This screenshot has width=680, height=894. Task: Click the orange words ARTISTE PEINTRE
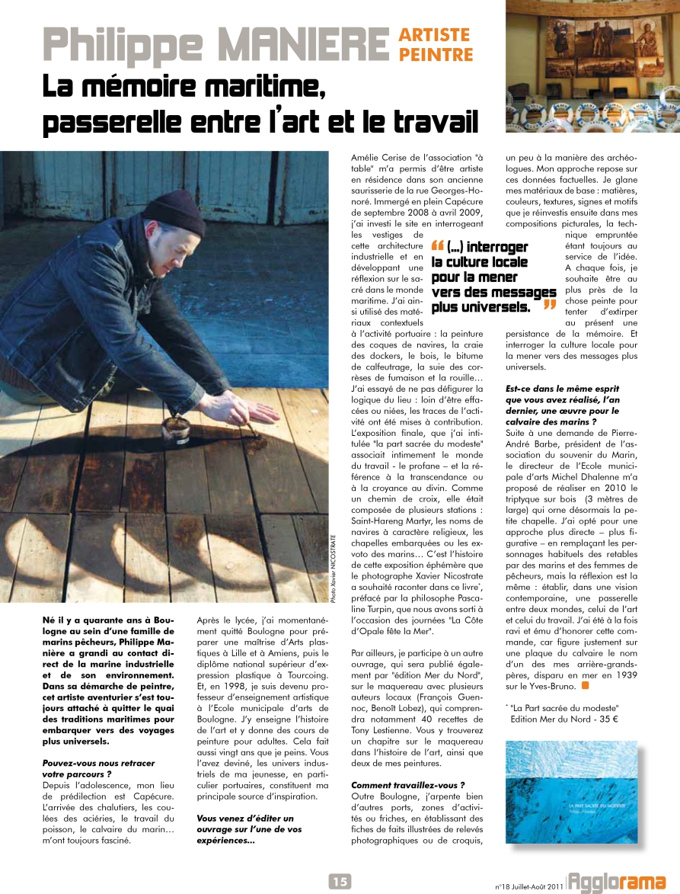(436, 44)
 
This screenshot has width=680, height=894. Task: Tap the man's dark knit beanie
(174, 211)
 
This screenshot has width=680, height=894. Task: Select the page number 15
(340, 881)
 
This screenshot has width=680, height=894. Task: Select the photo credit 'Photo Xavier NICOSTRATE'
(334, 568)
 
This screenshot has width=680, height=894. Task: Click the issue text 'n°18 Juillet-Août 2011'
(528, 886)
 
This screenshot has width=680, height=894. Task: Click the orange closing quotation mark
(548, 306)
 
